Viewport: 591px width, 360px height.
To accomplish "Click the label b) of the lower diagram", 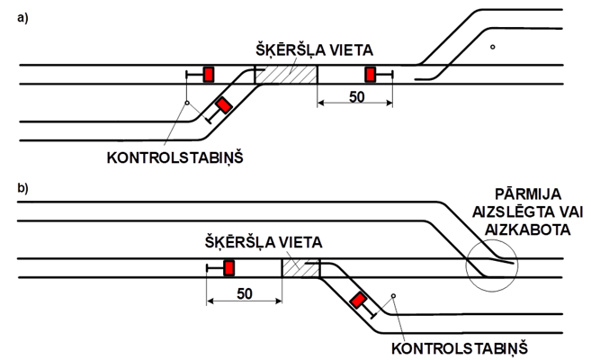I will pos(22,189).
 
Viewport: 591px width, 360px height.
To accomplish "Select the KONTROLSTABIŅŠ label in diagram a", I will pos(175,157).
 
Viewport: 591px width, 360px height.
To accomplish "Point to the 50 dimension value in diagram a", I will pos(355,96).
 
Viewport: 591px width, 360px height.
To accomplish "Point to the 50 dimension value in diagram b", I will pos(244,293).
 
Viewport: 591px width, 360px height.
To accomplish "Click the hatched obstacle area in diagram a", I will pos(286,74).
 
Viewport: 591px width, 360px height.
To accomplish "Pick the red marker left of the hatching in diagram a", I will pos(208,74).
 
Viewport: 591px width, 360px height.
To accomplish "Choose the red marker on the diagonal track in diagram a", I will pos(221,105).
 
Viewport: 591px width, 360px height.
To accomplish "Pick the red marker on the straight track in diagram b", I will pos(228,267).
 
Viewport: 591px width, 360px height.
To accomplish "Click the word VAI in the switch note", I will pos(560,211).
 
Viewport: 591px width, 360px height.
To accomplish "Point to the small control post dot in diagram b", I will pos(394,296).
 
